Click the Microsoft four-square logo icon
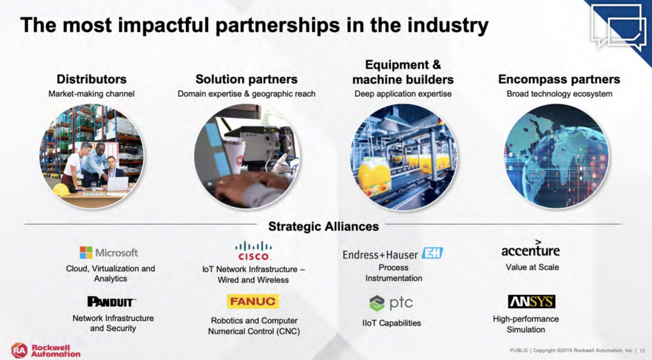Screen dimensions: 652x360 (x=86, y=252)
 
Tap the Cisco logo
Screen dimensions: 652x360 (x=253, y=251)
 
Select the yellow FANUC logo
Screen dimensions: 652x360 (x=253, y=301)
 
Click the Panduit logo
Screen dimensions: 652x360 (x=111, y=302)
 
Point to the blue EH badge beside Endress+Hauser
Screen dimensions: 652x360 (x=432, y=253)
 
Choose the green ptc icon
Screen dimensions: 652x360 (x=377, y=303)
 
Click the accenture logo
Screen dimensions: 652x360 (x=530, y=248)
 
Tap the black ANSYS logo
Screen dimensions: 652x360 (x=532, y=302)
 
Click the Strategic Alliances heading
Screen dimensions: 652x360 (x=323, y=226)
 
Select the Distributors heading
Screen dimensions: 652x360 (x=92, y=79)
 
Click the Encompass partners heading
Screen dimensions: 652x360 (x=559, y=79)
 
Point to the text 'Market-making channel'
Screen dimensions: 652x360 (x=92, y=94)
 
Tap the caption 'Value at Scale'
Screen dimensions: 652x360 (x=532, y=267)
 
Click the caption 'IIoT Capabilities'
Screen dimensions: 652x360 (x=392, y=323)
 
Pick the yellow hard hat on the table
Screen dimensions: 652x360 (x=62, y=190)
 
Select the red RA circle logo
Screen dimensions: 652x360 (x=19, y=350)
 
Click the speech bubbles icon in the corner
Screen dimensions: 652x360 (x=618, y=25)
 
